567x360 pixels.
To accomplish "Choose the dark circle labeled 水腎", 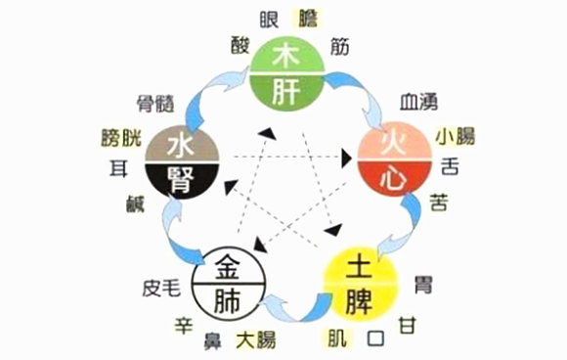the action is tap(182, 162).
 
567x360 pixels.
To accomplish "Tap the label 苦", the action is tap(438, 201).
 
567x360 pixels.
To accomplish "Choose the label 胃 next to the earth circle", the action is tap(422, 260).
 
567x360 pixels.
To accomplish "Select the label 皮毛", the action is tap(159, 288).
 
